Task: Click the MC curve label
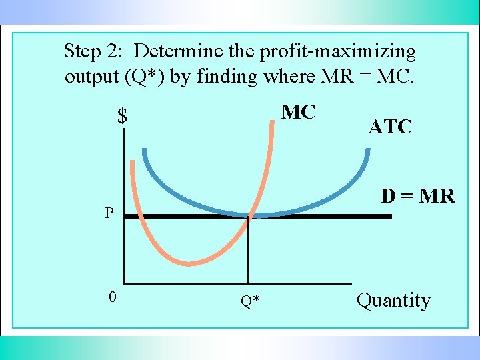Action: point(298,112)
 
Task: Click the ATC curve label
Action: point(390,127)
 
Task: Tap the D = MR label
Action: point(418,196)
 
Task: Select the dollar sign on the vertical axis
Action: point(122,117)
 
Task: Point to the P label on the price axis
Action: point(109,214)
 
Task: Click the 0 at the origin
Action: point(113,297)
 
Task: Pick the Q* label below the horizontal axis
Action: point(251,302)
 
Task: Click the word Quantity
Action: point(393,301)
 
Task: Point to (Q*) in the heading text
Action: point(145,77)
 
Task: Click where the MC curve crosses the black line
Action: point(249,216)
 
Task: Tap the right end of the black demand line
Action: point(390,216)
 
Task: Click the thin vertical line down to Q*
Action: point(248,253)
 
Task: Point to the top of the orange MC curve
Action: point(273,122)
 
